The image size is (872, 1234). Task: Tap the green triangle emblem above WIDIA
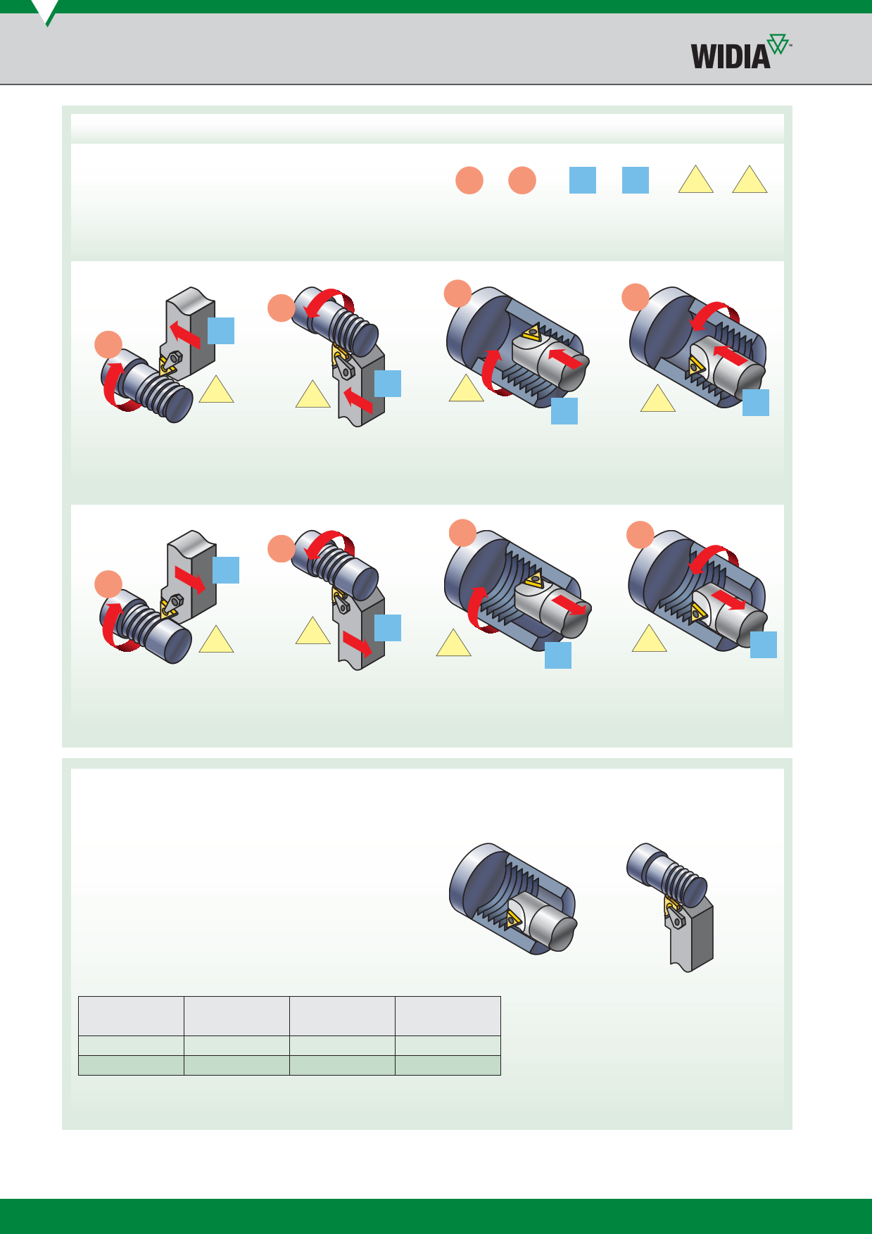pyautogui.click(x=778, y=43)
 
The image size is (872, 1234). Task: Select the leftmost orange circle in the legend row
pyautogui.click(x=469, y=180)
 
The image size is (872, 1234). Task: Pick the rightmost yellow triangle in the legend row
pyautogui.click(x=750, y=181)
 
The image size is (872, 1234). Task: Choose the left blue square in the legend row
pyautogui.click(x=583, y=180)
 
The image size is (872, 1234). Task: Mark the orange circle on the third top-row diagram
pyautogui.click(x=457, y=294)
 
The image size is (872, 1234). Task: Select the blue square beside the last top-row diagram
pyautogui.click(x=756, y=403)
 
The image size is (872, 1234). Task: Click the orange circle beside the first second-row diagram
pyautogui.click(x=108, y=584)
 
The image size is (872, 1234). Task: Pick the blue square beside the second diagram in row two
pyautogui.click(x=388, y=628)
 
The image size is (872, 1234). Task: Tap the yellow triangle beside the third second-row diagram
pyautogui.click(x=454, y=644)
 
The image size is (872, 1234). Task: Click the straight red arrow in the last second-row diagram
pyautogui.click(x=729, y=600)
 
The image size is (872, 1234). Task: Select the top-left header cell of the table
pyautogui.click(x=131, y=1016)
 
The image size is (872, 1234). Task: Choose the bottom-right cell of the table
pyautogui.click(x=448, y=1065)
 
